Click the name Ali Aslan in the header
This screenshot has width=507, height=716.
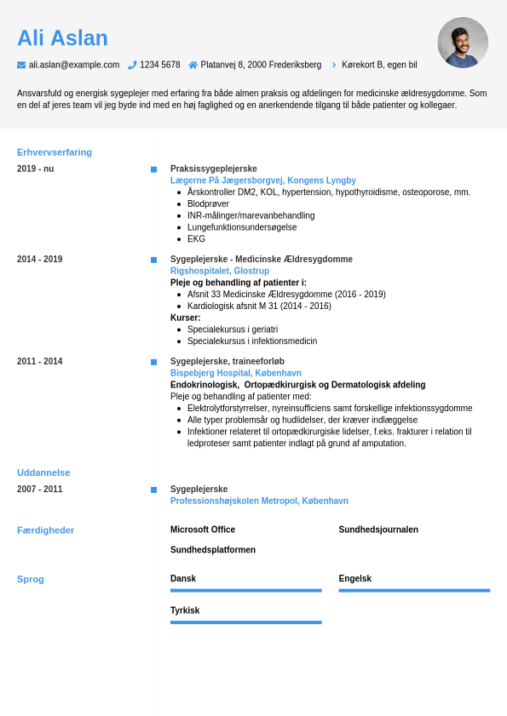point(62,38)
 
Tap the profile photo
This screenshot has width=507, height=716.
point(463,43)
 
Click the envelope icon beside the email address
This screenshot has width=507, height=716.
point(21,65)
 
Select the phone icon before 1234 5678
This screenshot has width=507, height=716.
point(132,65)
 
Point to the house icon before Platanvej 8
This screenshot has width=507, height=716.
point(193,65)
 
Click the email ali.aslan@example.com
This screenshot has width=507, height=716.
point(74,65)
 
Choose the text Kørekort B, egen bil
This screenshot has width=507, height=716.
point(379,65)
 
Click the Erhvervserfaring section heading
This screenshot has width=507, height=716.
point(55,152)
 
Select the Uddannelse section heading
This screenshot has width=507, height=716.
point(43,473)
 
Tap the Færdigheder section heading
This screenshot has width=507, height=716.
point(46,530)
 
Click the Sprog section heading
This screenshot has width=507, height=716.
point(31,579)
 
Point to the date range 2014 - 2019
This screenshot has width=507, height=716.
point(39,260)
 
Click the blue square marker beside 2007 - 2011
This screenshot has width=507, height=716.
point(153,490)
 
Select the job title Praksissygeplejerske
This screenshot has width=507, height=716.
point(213,169)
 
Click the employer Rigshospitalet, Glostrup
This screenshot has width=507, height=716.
point(220,271)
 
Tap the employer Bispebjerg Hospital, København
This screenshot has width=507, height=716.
point(236,373)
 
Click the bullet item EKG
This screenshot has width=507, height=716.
point(196,239)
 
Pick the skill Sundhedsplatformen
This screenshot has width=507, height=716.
point(213,550)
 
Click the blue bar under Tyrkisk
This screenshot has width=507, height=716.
point(245,622)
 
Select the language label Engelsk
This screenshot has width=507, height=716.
point(355,579)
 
